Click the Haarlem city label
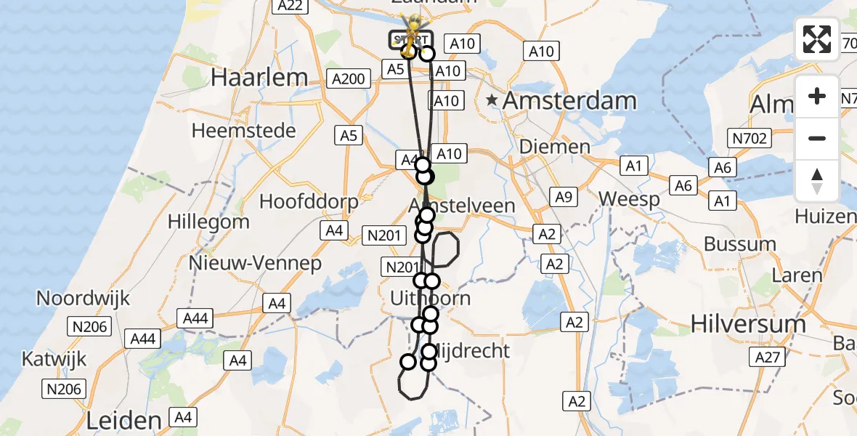259,78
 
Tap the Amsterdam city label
569,101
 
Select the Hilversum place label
748,323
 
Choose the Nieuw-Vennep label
255,263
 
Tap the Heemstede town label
244,131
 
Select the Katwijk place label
54,358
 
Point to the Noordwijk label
83,298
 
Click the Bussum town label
740,243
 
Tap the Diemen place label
554,147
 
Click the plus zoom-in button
817,96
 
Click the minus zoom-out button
817,138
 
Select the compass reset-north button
817,180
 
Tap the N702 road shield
750,138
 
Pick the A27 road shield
767,357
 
